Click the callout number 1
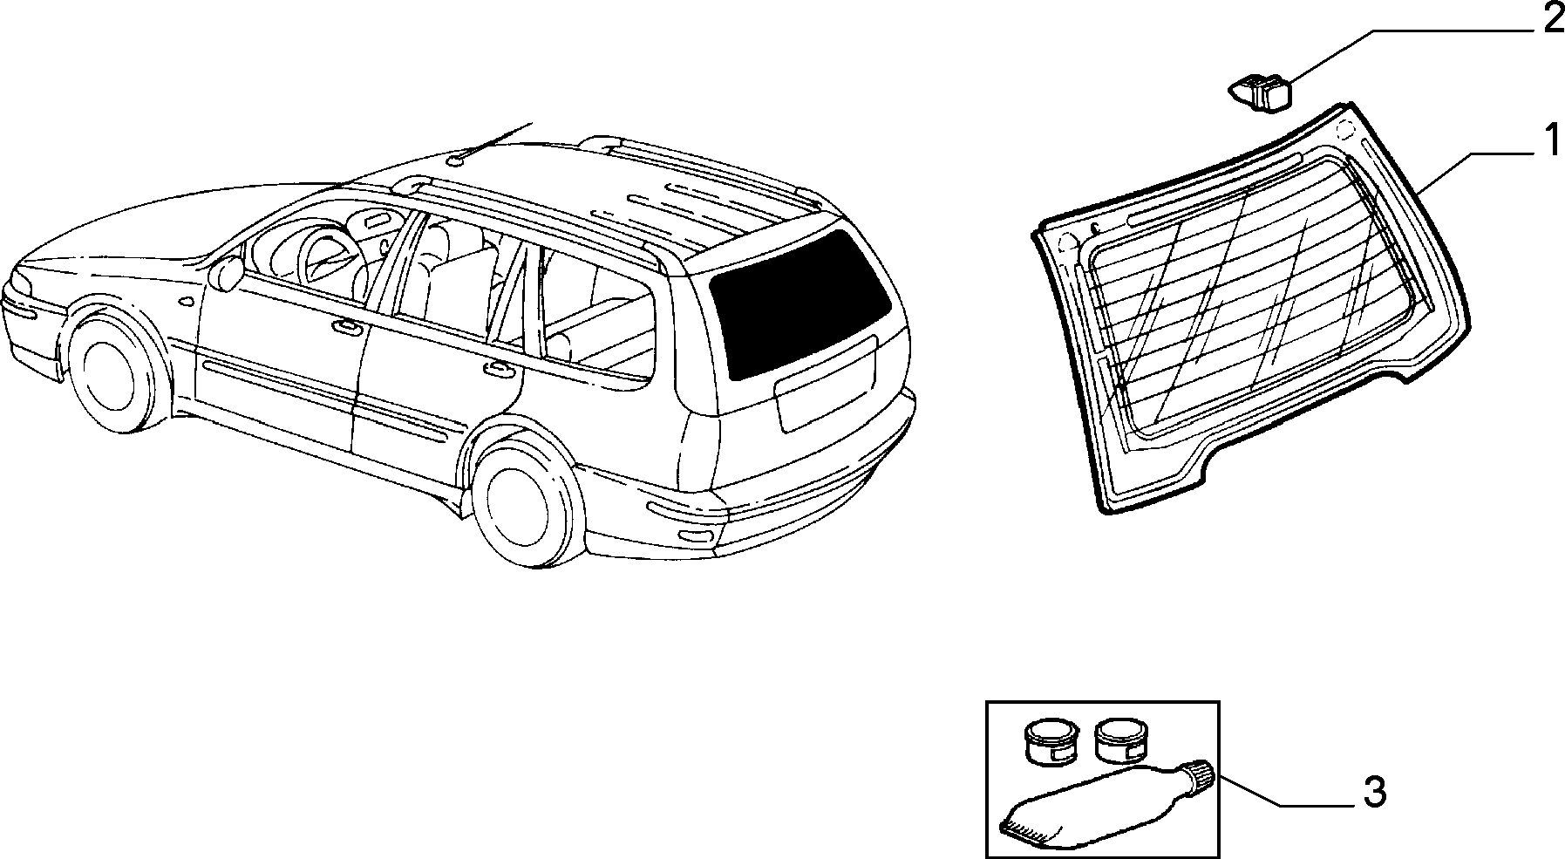(1549, 140)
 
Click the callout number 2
(1549, 20)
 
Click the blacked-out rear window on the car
(798, 303)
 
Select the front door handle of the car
(346, 328)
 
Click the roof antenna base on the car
(457, 160)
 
